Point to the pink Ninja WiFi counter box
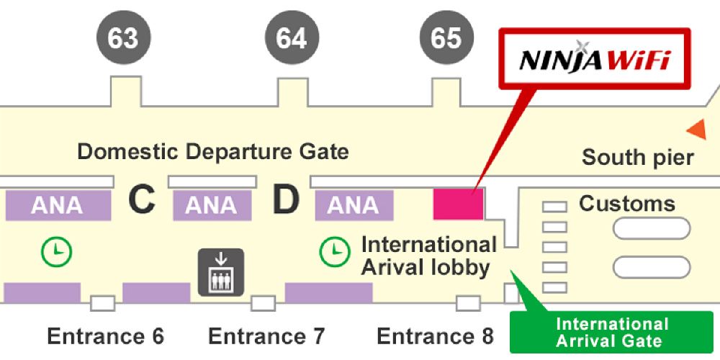click(x=458, y=204)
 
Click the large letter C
click(x=142, y=202)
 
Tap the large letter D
click(x=285, y=202)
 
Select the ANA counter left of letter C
click(x=58, y=205)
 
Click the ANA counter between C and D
click(x=212, y=205)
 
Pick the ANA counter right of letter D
click(x=354, y=205)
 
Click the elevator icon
click(x=221, y=272)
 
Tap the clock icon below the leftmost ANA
click(x=56, y=251)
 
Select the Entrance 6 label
click(x=105, y=336)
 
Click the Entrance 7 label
click(x=266, y=336)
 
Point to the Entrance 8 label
click(x=435, y=336)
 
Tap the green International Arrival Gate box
click(x=611, y=332)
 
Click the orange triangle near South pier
click(x=696, y=130)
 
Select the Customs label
click(x=626, y=204)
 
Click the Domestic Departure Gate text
click(x=212, y=152)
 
